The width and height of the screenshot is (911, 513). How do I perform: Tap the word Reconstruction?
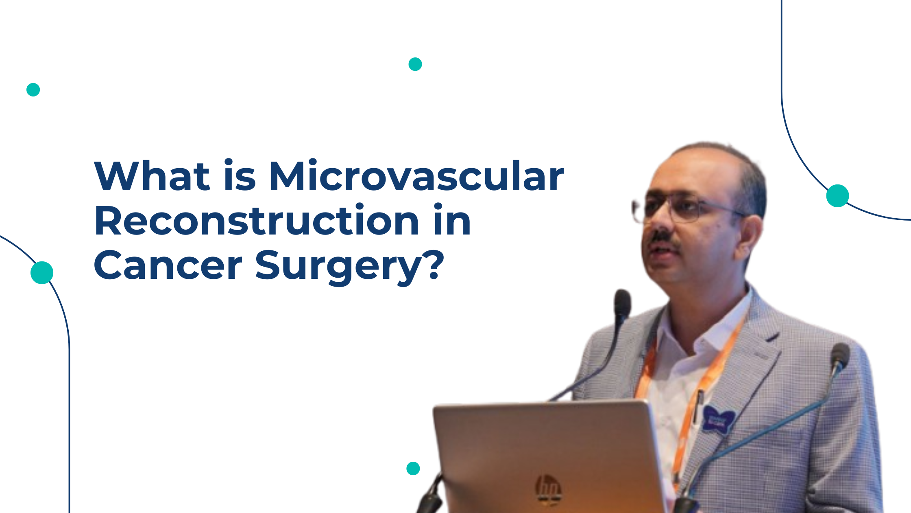[x=256, y=221]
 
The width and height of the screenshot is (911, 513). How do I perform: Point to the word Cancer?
[x=168, y=265]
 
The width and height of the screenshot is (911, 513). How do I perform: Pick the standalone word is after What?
[x=240, y=176]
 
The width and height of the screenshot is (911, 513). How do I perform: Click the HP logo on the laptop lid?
[x=548, y=489]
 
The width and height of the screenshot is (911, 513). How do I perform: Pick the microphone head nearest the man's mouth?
[x=622, y=303]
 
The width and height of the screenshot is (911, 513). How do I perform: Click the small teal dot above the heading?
[x=415, y=64]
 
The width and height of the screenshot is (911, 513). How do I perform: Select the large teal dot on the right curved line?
[x=838, y=196]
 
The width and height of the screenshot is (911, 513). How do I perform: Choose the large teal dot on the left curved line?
[x=42, y=272]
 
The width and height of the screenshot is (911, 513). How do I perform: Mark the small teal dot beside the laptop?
[x=413, y=469]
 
